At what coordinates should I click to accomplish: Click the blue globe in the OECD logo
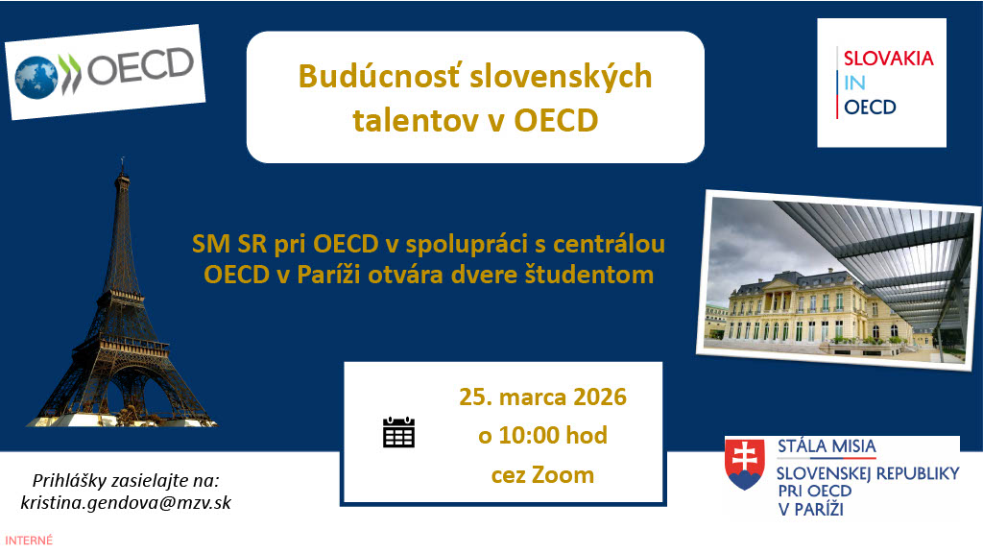[36, 78]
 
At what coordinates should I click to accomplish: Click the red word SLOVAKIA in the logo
[888, 59]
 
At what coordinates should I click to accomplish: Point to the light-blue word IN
[854, 83]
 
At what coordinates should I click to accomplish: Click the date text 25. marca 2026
[543, 397]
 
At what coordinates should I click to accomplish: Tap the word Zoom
[563, 474]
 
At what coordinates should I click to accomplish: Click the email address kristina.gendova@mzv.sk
[126, 503]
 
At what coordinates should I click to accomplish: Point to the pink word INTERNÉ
[29, 540]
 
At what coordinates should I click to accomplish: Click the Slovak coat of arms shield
[745, 464]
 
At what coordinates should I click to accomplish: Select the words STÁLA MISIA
[827, 446]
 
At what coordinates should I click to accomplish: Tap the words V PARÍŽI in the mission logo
[810, 509]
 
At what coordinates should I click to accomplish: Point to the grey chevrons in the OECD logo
[69, 73]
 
